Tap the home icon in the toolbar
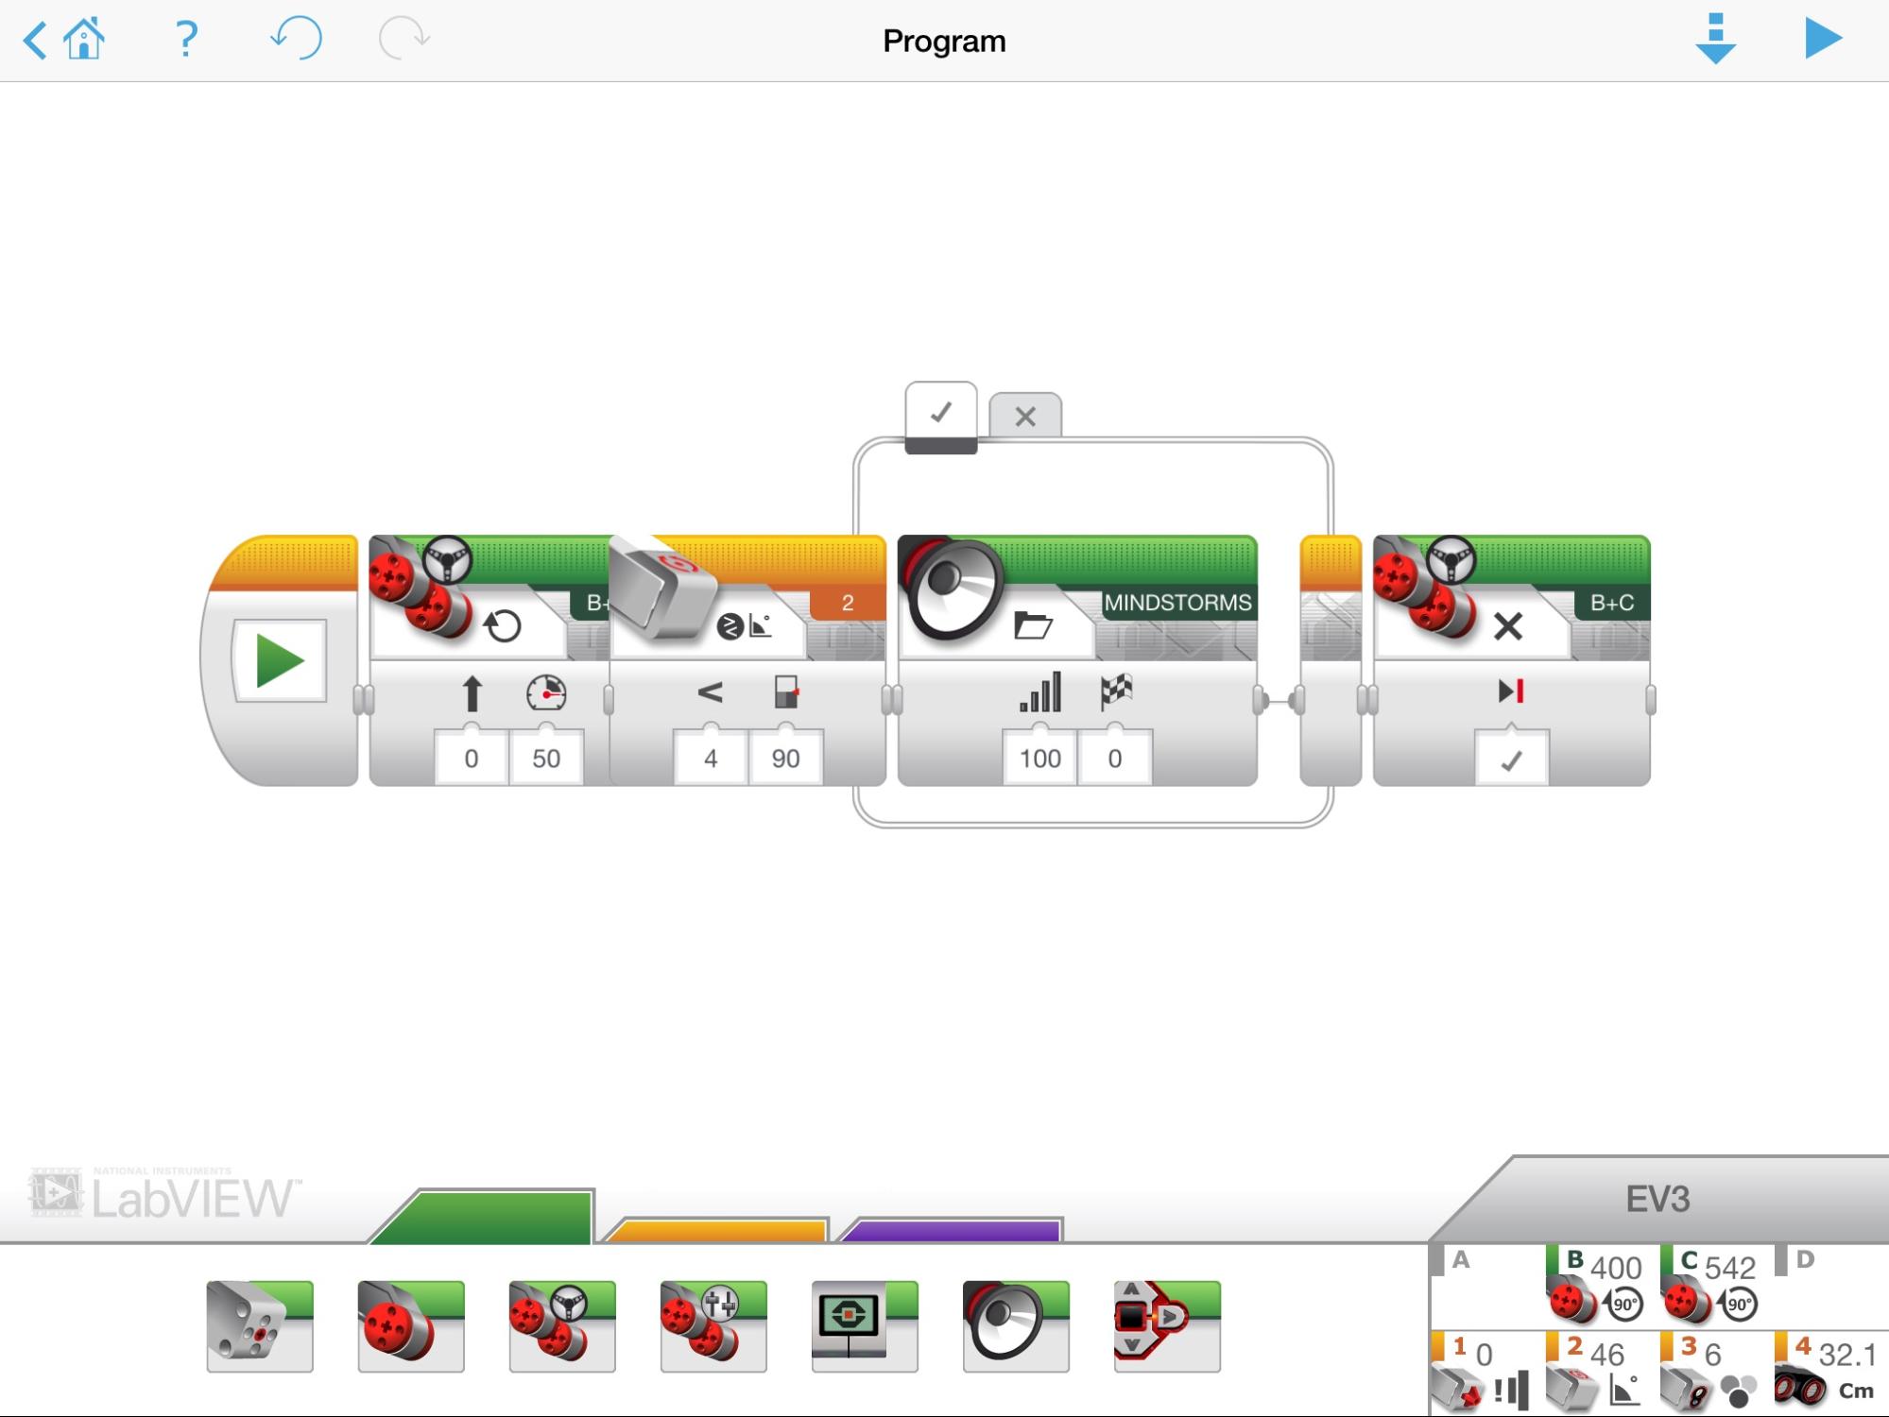[x=83, y=40]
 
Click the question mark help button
[x=186, y=39]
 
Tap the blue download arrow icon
[x=1715, y=39]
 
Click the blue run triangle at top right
[x=1823, y=39]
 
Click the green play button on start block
[x=280, y=660]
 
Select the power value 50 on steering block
[x=546, y=758]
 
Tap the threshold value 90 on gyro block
[x=785, y=758]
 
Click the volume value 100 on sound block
[x=1039, y=758]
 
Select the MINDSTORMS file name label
[x=1177, y=603]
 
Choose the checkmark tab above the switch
[x=941, y=413]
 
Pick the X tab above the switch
[x=1025, y=416]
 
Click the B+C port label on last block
[x=1612, y=603]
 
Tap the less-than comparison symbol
[x=710, y=692]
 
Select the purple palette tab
[x=952, y=1229]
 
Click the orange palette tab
[x=715, y=1229]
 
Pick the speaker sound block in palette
[x=1016, y=1326]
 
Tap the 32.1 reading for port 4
[x=1847, y=1355]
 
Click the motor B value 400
[x=1616, y=1268]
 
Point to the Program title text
[x=944, y=42]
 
